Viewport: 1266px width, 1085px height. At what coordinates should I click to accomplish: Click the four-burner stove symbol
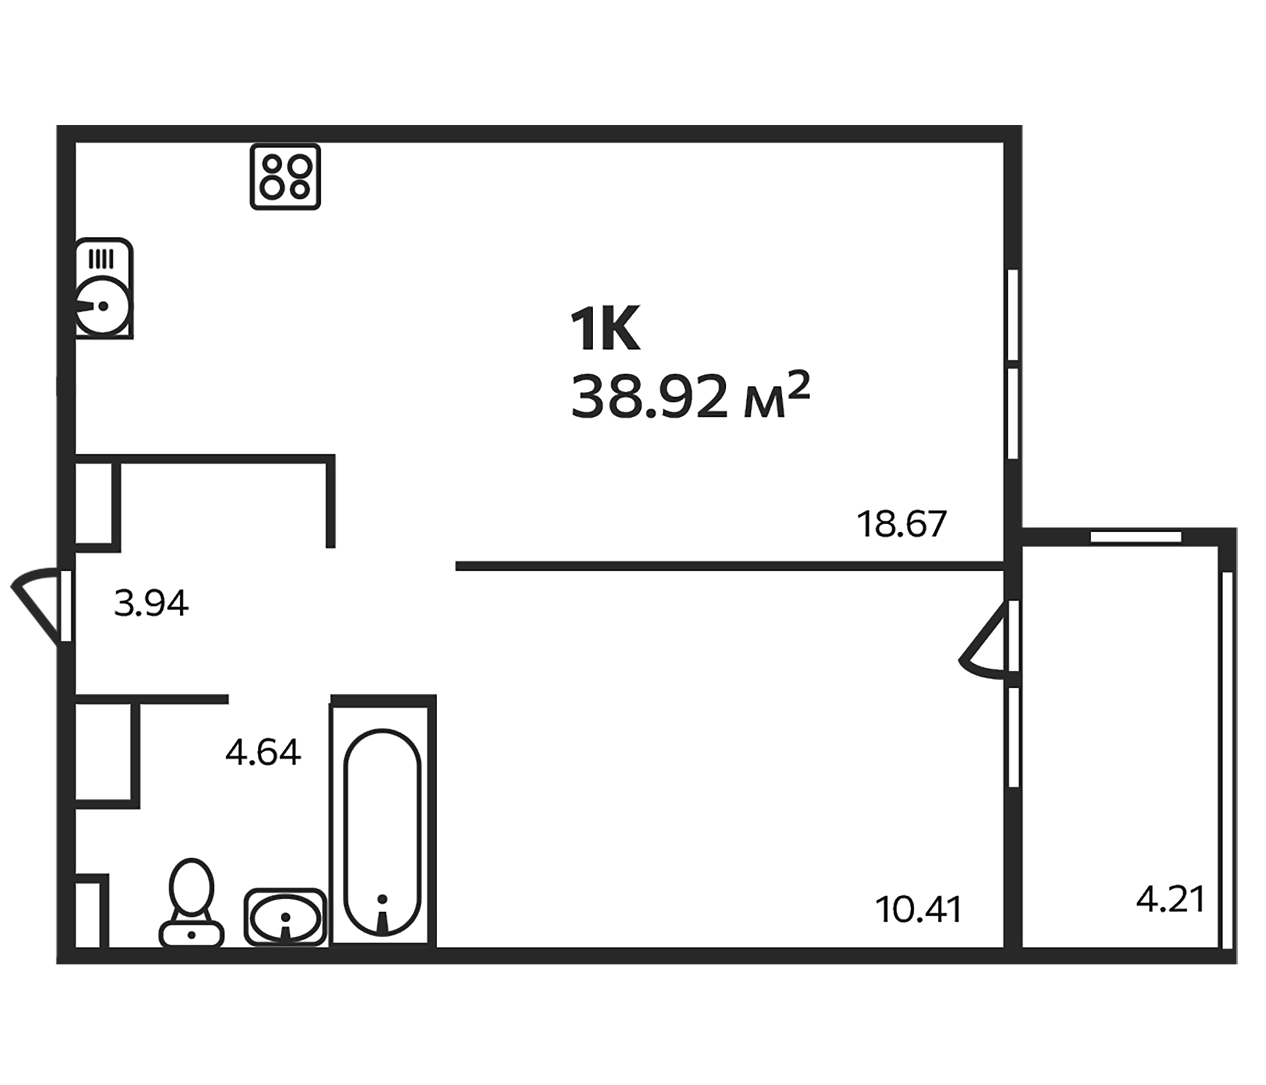pyautogui.click(x=285, y=177)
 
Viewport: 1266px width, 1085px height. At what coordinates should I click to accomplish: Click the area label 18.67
pyautogui.click(x=901, y=524)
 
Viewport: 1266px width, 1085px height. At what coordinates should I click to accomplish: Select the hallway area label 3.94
pyautogui.click(x=151, y=603)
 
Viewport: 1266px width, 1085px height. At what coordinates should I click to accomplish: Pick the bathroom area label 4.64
pyautogui.click(x=263, y=752)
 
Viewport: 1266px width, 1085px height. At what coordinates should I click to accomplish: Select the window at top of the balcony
pyautogui.click(x=1135, y=537)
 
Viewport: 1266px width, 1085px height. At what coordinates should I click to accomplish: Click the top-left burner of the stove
pyautogui.click(x=272, y=165)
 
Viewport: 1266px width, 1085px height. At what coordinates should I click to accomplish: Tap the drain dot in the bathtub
pyautogui.click(x=382, y=899)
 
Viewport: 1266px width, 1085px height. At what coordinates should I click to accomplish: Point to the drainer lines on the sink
pyautogui.click(x=101, y=259)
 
